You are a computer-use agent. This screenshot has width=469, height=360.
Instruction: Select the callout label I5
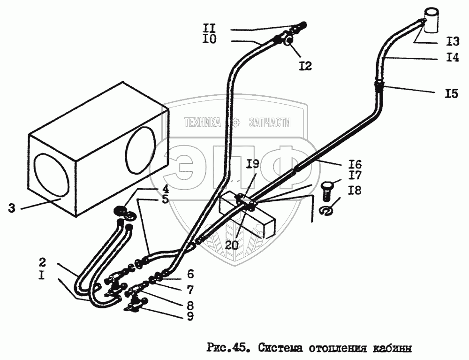[451, 93]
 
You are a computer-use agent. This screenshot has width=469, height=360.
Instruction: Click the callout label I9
[253, 164]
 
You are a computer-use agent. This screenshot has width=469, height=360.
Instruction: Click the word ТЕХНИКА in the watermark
[203, 123]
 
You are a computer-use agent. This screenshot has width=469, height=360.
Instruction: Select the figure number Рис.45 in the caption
[225, 348]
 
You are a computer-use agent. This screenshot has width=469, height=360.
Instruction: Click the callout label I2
[305, 66]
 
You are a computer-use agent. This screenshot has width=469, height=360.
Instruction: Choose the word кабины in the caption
[393, 348]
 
